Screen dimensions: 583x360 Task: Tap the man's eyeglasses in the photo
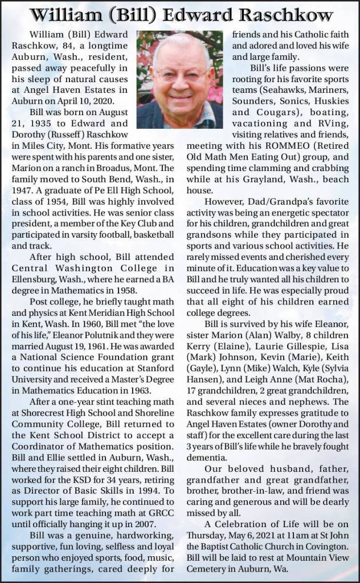tap(182, 72)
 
